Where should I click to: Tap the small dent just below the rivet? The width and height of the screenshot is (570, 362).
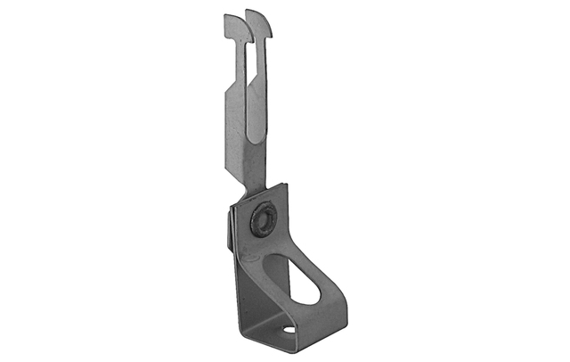tap(265, 243)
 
